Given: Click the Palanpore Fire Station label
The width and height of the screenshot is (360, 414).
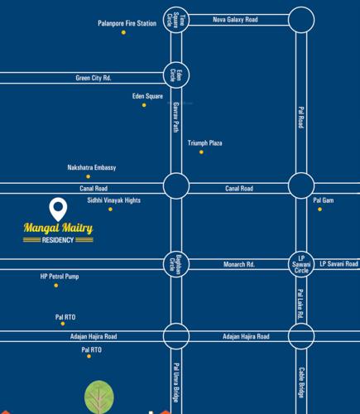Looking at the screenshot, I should [x=127, y=23].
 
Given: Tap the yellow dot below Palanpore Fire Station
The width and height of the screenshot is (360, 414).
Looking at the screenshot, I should [x=124, y=32].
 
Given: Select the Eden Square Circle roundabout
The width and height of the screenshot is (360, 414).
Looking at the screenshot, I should [x=175, y=20].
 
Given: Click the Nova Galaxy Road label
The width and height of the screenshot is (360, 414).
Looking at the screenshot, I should [x=235, y=18].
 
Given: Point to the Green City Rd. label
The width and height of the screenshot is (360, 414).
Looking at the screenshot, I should [x=93, y=78].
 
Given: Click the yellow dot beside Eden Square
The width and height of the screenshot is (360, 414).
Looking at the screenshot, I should [x=144, y=105].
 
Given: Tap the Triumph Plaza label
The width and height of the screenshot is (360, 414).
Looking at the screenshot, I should [x=204, y=142].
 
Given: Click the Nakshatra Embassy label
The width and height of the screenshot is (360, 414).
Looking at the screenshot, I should [x=91, y=167].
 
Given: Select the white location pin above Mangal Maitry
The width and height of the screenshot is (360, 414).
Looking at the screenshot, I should [x=58, y=209].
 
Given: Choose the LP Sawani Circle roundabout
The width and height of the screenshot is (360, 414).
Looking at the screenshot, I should [x=302, y=264].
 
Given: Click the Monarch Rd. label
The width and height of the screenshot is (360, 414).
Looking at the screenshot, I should [x=238, y=264].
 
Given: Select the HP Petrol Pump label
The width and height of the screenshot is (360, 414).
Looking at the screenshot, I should [x=60, y=276].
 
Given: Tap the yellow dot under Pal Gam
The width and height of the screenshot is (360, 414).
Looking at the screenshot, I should [x=319, y=209].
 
